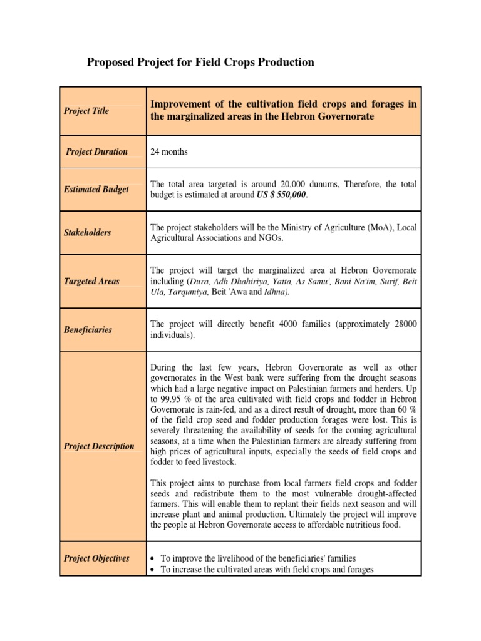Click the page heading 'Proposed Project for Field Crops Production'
(200, 62)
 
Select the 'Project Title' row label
(86, 111)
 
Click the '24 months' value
(169, 151)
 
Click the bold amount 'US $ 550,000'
(281, 195)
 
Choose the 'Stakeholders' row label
(87, 232)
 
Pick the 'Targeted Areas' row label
(91, 282)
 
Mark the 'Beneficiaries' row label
(88, 329)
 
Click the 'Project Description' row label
(99, 446)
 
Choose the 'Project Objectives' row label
(96, 558)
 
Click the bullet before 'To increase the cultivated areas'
(154, 570)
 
